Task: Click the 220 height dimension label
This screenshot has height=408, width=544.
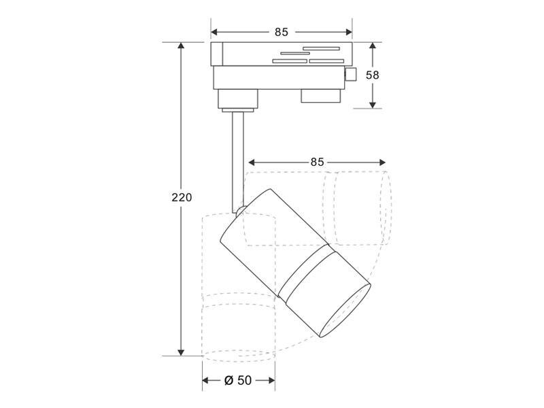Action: tap(182, 197)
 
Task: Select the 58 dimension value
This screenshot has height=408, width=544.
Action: tap(373, 75)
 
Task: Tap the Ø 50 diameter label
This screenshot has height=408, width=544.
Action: tap(238, 380)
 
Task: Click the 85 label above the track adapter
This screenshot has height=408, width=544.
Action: tap(282, 32)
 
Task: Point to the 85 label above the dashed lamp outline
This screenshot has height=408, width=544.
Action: tap(317, 162)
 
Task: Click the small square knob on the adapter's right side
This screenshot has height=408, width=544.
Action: tap(350, 75)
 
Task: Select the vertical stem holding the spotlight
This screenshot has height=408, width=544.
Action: tap(238, 163)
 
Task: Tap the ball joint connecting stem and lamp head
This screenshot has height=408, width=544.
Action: tap(241, 211)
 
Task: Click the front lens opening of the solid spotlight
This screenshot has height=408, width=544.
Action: tap(345, 311)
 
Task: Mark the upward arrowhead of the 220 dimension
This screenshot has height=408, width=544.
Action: tap(181, 46)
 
